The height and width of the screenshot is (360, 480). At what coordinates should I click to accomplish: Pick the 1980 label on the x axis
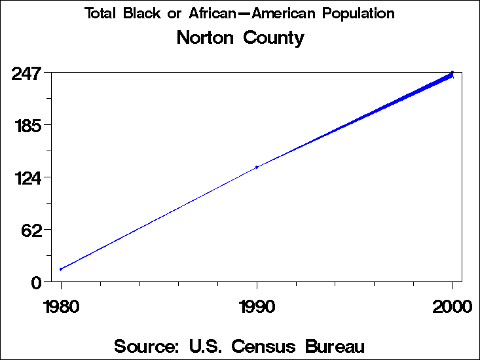(x=61, y=306)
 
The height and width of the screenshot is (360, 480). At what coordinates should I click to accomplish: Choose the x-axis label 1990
(x=257, y=306)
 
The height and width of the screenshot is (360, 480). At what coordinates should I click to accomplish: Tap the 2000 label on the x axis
(x=452, y=306)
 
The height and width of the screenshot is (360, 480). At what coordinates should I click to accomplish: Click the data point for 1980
(x=61, y=269)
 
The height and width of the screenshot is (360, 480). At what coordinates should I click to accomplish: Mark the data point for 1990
(x=257, y=167)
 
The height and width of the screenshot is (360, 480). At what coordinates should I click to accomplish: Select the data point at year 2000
(x=452, y=73)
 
